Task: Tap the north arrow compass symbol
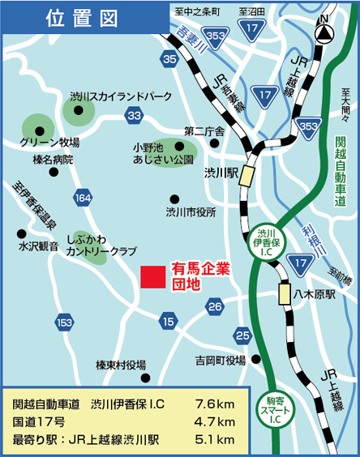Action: click(x=325, y=32)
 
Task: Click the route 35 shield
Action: click(x=169, y=59)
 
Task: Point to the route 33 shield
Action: click(x=135, y=117)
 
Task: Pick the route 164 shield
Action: click(x=83, y=198)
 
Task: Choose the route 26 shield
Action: click(x=215, y=305)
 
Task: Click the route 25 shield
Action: click(x=242, y=334)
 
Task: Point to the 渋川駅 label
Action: click(x=220, y=173)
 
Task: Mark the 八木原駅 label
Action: click(x=314, y=295)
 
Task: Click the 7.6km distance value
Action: click(x=214, y=403)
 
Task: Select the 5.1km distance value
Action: click(x=214, y=439)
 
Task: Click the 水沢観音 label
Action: click(x=39, y=246)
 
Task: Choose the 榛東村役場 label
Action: click(x=120, y=364)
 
